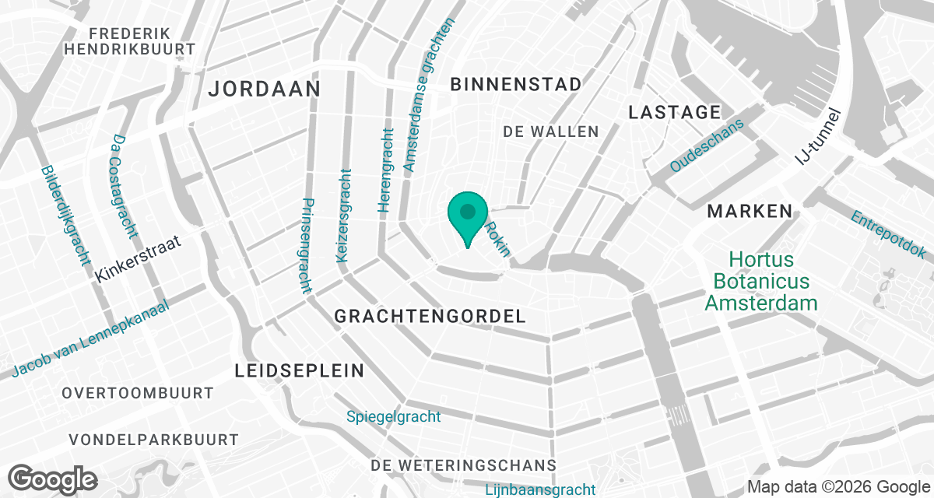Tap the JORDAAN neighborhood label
[265, 89]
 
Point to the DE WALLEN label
[551, 132]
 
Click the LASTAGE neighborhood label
[674, 113]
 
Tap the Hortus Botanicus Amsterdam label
[761, 280]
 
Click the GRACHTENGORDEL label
[430, 316]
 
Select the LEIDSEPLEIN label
[300, 370]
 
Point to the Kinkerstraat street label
[139, 259]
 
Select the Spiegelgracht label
[394, 417]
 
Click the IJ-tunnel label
[819, 138]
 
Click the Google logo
[54, 478]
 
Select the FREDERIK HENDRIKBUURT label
[130, 40]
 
